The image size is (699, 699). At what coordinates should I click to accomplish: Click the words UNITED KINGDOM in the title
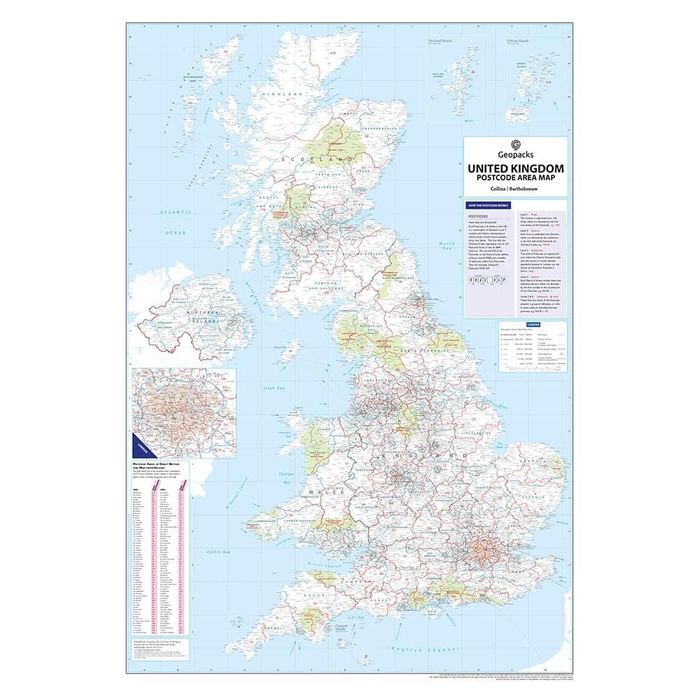(515, 169)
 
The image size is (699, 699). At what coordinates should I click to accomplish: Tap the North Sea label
(447, 246)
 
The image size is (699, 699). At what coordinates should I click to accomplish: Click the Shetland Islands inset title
(440, 41)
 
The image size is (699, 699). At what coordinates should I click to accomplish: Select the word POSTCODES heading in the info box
(475, 217)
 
